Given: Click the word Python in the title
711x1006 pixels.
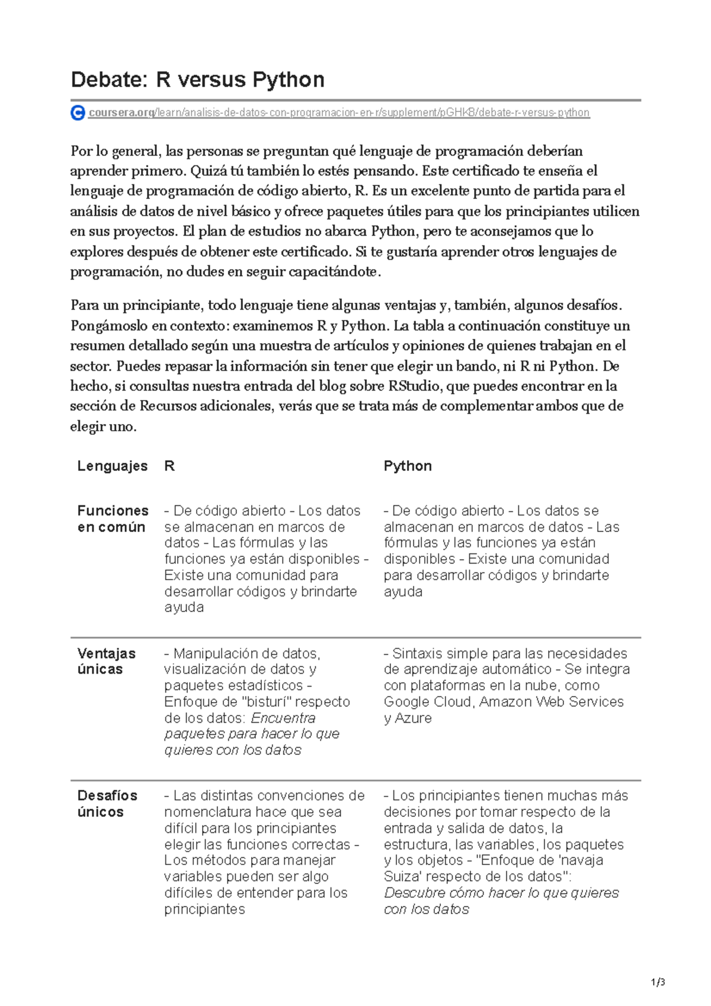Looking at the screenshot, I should (289, 79).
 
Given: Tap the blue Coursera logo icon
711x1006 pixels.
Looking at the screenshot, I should (78, 113).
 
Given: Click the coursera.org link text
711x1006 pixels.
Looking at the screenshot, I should (121, 113).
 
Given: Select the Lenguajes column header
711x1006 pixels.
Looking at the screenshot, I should (112, 466).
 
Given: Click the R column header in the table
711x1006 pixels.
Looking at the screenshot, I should (169, 466).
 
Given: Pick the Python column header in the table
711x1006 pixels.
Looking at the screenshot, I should (408, 466).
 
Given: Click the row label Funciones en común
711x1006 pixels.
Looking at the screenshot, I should (113, 519).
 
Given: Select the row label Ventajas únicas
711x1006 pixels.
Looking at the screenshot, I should (106, 661).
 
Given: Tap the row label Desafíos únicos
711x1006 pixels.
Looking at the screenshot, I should (107, 803).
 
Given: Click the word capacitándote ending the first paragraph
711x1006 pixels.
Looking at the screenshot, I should (332, 272).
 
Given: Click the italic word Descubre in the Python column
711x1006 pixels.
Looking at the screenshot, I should (412, 893).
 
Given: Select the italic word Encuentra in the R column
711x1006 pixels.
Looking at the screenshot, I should (283, 718).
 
